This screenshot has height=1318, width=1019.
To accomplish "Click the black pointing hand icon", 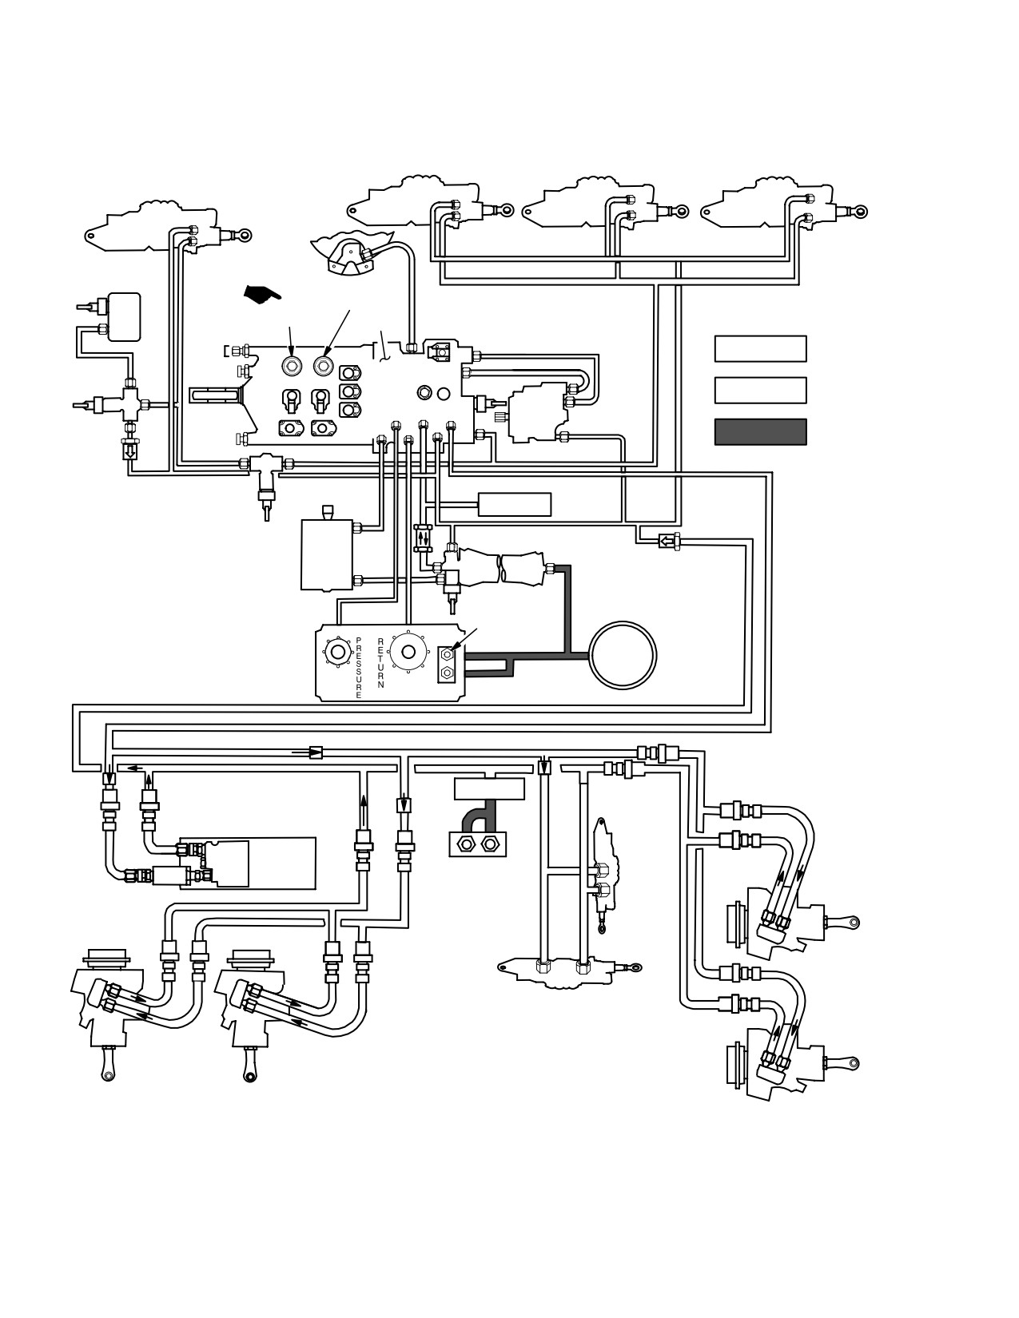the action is tap(262, 294).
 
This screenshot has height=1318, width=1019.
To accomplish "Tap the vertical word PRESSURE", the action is tap(359, 668).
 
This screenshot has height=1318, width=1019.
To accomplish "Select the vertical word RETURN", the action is tap(380, 663).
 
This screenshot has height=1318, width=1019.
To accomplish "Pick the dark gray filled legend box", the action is tap(761, 432).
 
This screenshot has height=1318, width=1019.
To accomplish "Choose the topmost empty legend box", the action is tap(761, 349).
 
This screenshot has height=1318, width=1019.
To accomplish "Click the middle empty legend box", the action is tap(761, 390).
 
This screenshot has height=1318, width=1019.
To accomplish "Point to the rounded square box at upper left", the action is tap(124, 317).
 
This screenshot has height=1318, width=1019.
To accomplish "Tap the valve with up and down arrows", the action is tap(423, 538).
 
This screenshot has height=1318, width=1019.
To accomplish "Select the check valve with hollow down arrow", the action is tap(130, 451).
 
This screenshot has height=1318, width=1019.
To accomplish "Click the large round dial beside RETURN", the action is tap(408, 652).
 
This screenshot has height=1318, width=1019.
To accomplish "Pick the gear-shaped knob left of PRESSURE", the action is tap(337, 652).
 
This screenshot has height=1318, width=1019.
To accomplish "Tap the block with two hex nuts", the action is tap(478, 843).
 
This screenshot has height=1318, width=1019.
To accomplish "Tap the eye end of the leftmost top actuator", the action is tap(244, 236).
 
